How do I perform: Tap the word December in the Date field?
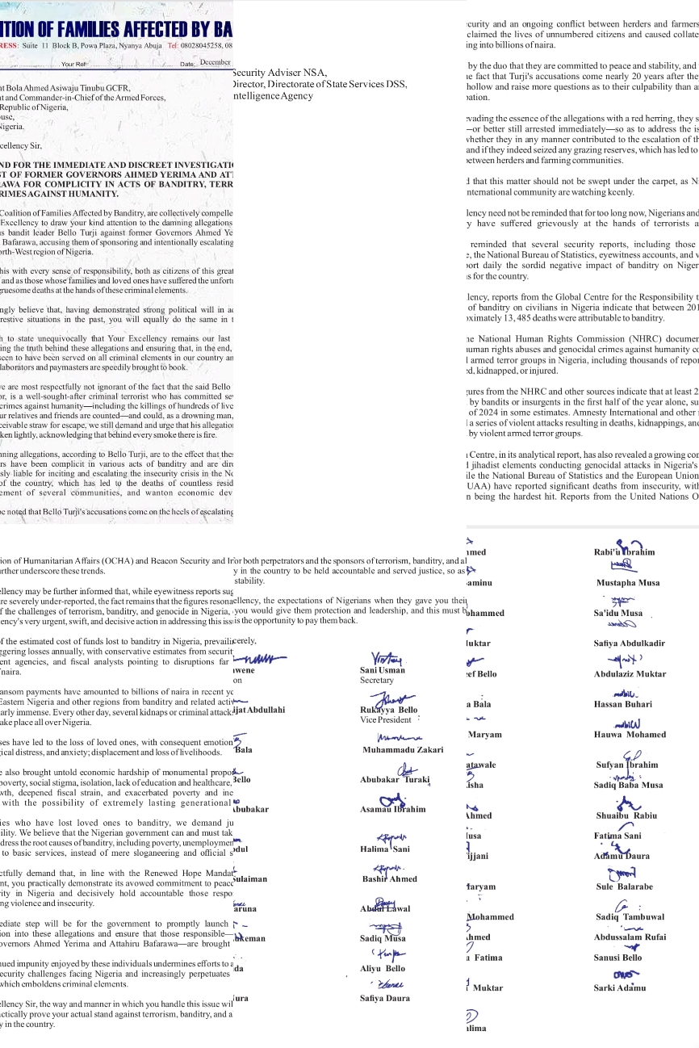(x=216, y=62)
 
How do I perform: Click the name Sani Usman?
(x=383, y=670)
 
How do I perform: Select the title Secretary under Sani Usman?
(x=376, y=681)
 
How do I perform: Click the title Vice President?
(x=386, y=719)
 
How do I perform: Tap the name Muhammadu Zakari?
(x=403, y=749)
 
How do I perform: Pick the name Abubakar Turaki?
(x=395, y=780)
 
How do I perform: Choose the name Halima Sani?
(x=385, y=849)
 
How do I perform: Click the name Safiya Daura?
(x=385, y=998)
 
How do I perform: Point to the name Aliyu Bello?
(x=383, y=968)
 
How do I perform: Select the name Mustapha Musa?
(x=627, y=582)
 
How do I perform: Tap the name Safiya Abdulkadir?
(x=629, y=643)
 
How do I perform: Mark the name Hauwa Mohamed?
(x=630, y=735)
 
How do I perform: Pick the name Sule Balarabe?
(x=624, y=887)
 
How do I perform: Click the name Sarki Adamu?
(x=620, y=987)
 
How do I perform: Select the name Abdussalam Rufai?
(x=630, y=937)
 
